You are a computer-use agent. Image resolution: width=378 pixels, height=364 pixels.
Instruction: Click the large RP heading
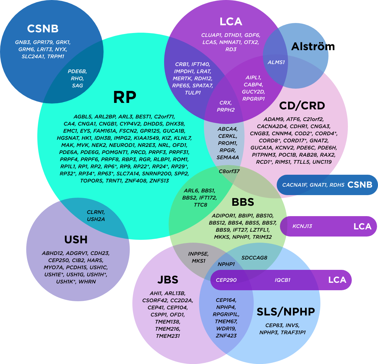tap(125, 97)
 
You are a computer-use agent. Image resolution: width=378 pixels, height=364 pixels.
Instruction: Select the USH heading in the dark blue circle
tap(76, 240)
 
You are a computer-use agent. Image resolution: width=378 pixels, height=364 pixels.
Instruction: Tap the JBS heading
tap(168, 280)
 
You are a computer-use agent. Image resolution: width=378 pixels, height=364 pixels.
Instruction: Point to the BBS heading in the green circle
tap(243, 203)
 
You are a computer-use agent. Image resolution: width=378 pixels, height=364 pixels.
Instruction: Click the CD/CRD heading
tap(302, 106)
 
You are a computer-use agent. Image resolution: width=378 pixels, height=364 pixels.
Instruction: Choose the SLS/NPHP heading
tap(286, 312)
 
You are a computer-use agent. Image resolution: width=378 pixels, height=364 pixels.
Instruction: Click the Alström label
tap(309, 47)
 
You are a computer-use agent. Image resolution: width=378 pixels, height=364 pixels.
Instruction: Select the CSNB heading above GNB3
tap(43, 29)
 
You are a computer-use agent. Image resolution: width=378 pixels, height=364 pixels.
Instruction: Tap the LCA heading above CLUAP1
tap(231, 22)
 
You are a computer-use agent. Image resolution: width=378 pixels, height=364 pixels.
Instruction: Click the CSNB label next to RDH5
tap(360, 185)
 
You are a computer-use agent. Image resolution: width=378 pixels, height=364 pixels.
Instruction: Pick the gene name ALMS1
tap(276, 62)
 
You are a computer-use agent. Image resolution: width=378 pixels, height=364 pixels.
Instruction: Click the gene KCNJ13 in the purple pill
tap(302, 226)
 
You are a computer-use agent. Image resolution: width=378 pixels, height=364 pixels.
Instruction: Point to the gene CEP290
tap(226, 280)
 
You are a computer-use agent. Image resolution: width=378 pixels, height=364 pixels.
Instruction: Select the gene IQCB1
tap(283, 280)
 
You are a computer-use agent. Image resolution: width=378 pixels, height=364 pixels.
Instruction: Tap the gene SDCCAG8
tap(254, 258)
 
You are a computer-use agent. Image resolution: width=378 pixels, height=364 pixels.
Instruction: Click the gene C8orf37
tap(229, 171)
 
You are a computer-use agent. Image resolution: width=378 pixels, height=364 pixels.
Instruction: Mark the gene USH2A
tap(96, 219)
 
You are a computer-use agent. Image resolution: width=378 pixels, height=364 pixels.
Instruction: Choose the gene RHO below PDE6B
tap(77, 79)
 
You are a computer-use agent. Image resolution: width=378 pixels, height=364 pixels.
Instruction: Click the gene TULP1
tap(193, 93)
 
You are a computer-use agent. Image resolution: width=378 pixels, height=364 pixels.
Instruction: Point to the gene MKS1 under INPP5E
tap(198, 261)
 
